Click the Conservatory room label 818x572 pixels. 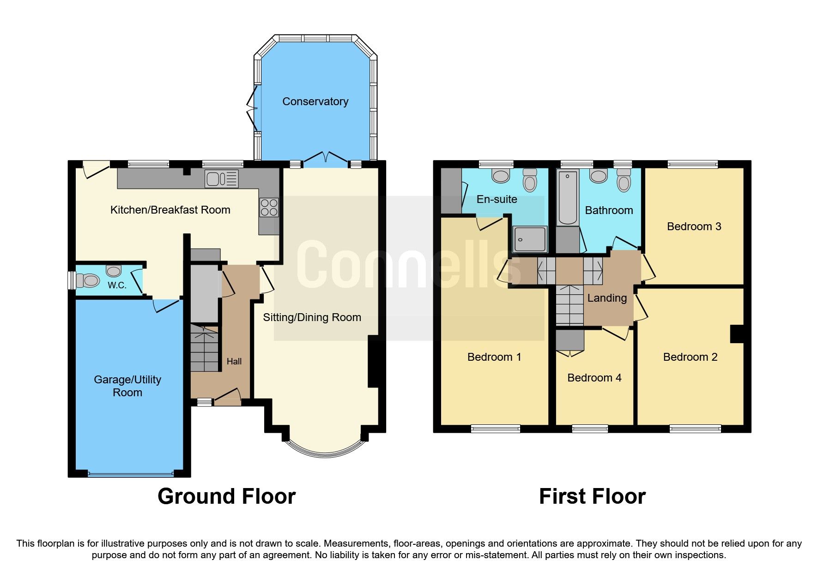[315, 101]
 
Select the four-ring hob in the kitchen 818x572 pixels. [269, 207]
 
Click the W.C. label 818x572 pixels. [117, 285]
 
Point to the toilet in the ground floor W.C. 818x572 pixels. [88, 280]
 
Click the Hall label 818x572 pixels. [234, 362]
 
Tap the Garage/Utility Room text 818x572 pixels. [127, 386]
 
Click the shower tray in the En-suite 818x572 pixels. [530, 239]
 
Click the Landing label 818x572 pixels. [606, 298]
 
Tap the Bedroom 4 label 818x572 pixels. [594, 378]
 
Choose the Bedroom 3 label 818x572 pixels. [694, 226]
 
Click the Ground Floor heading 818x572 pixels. [226, 496]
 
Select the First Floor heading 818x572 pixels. [592, 496]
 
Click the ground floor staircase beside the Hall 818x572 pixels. [204, 348]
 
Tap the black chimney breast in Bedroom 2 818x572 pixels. [737, 334]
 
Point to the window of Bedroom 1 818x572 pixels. [495, 429]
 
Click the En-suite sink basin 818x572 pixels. [501, 175]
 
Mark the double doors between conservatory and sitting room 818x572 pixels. [326, 157]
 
